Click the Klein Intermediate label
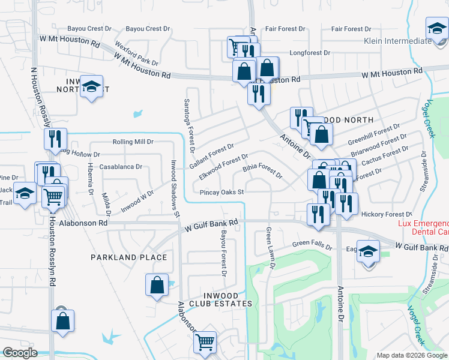398,41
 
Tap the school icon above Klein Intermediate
438,28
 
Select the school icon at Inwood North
91,87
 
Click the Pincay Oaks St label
221,193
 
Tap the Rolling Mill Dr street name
133,142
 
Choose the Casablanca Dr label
121,167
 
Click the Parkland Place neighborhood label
128,257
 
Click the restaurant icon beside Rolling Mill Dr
55,139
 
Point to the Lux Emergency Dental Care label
423,227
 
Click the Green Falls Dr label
312,244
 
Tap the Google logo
20,353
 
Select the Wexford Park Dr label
136,54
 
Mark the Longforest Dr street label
310,53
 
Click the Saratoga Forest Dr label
189,124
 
